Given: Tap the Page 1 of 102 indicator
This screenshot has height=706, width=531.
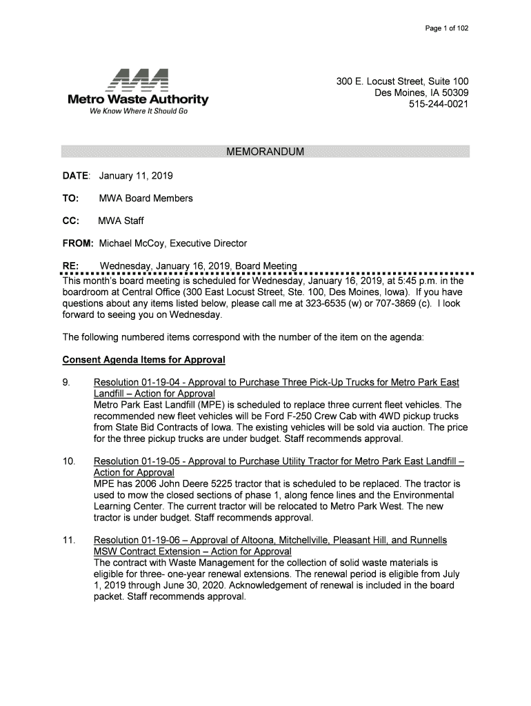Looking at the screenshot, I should coord(448,28).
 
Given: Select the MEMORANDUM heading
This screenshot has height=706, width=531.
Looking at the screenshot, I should coord(265,152).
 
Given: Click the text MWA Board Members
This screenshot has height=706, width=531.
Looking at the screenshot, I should coord(146,199).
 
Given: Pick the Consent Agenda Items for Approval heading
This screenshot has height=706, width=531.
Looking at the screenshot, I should coord(143,360).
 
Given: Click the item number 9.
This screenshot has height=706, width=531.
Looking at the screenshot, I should coord(66,383).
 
